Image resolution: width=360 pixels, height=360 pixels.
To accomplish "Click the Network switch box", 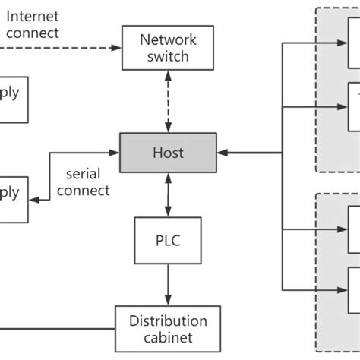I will [x=168, y=47].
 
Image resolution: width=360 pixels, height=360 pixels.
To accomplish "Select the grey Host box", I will [x=168, y=153].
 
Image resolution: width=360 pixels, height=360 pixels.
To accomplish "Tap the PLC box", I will [x=168, y=241].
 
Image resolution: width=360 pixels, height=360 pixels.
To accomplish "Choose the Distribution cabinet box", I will [x=168, y=328].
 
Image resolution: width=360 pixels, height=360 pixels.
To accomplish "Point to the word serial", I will [x=84, y=173].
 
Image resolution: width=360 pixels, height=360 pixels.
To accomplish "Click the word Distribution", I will [x=168, y=320].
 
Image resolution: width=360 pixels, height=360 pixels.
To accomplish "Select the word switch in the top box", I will [x=168, y=56].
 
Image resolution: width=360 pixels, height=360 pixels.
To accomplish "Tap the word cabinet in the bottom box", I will [x=168, y=337].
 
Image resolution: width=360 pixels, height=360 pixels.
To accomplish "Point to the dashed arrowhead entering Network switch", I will [x=115, y=47].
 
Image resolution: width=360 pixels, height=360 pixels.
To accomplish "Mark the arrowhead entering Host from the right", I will [x=221, y=153].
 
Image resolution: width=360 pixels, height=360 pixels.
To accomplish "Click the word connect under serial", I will [x=84, y=190].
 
